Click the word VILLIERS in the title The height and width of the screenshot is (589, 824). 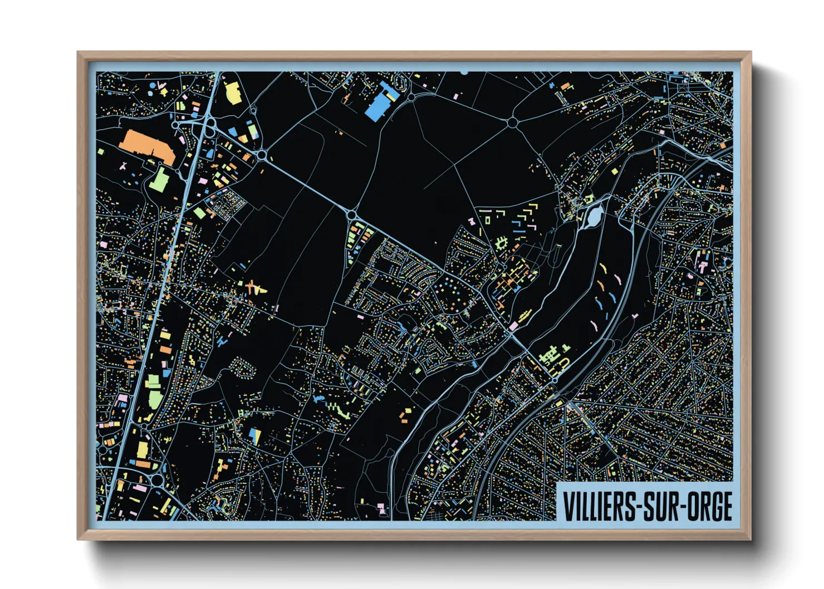(x=596, y=507)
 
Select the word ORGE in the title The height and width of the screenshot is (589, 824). (x=709, y=507)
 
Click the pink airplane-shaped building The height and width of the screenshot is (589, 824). (x=124, y=166)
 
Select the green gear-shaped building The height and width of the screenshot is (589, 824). (x=501, y=243)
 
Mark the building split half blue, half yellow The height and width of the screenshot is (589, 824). (x=255, y=435)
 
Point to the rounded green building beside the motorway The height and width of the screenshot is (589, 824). (x=154, y=399)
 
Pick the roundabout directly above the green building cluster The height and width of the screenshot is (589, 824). (x=352, y=214)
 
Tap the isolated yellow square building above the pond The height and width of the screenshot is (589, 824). (x=588, y=198)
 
